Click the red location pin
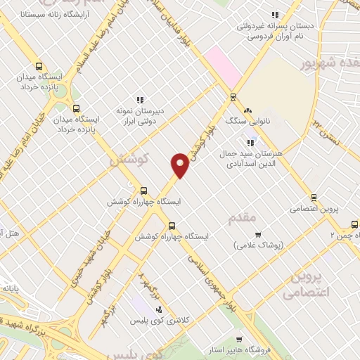pyautogui.click(x=181, y=165)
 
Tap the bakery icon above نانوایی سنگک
pyautogui.click(x=247, y=110)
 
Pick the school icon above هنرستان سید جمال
pyautogui.click(x=251, y=143)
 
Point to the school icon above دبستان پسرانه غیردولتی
pyautogui.click(x=276, y=14)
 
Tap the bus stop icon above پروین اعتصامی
pyautogui.click(x=314, y=198)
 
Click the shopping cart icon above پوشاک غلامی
pyautogui.click(x=258, y=234)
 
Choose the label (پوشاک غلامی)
pyautogui.click(x=258, y=245)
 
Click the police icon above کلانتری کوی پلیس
pyautogui.click(x=159, y=309)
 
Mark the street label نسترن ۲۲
pyautogui.click(x=326, y=133)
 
